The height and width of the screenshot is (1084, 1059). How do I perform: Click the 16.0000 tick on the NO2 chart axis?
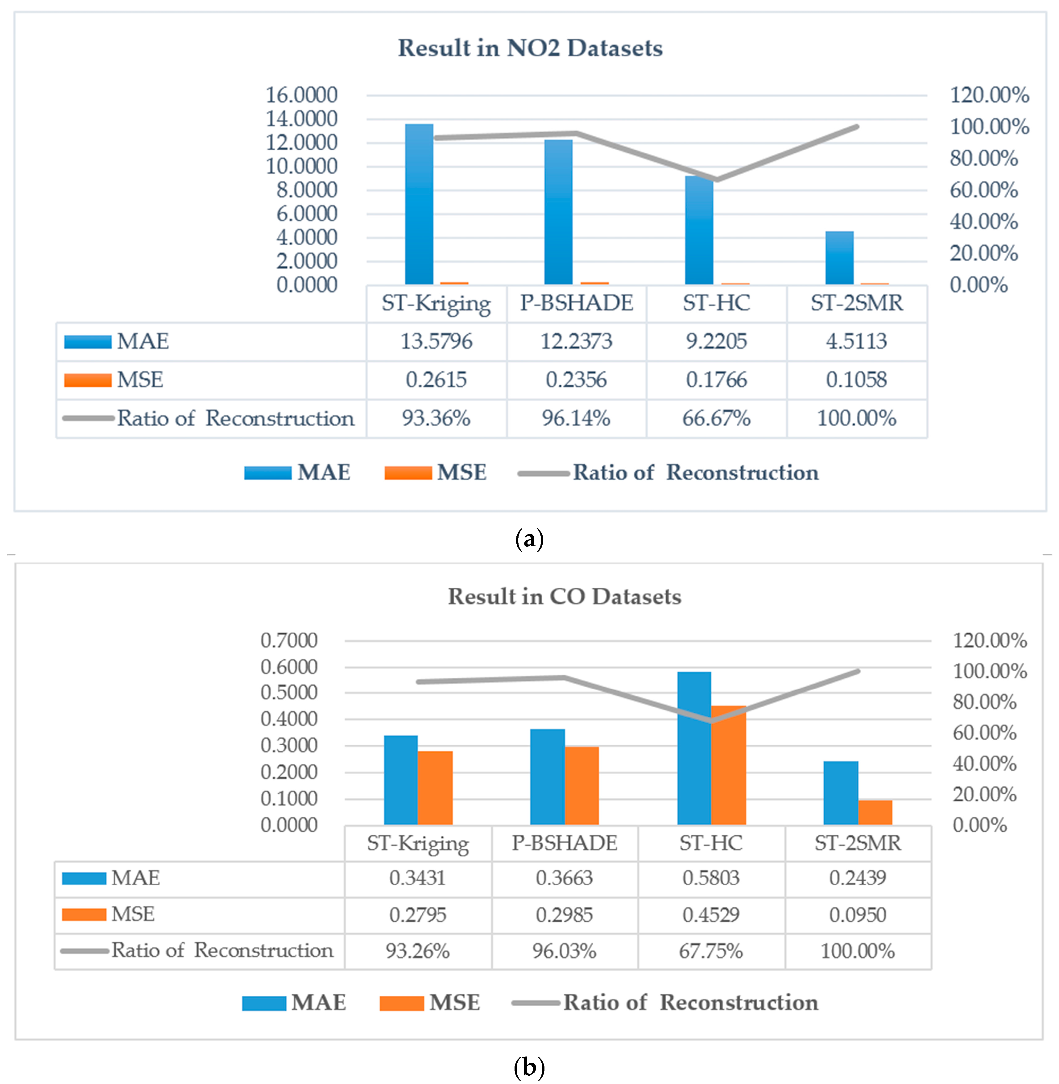click(x=301, y=95)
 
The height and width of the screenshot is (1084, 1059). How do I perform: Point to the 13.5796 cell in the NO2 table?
click(x=436, y=341)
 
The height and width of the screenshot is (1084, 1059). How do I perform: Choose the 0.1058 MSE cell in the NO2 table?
click(x=857, y=379)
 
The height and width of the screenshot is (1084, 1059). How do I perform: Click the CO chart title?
click(x=565, y=596)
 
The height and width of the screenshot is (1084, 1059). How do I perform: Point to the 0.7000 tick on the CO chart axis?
click(x=289, y=640)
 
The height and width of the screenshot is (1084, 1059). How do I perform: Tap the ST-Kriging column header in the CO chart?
click(x=418, y=843)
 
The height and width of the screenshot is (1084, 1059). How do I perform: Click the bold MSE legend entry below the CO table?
click(x=454, y=1002)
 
